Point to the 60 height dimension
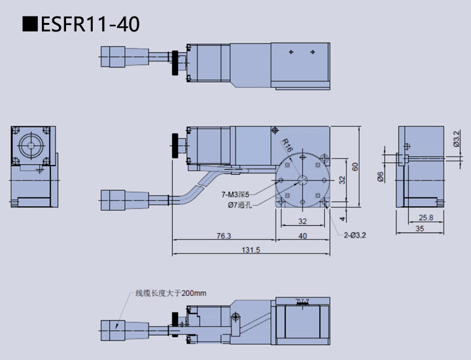tap(355, 166)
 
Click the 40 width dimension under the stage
tap(302, 236)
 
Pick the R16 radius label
tap(287, 146)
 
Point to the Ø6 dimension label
tap(380, 176)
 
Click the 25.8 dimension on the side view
tap(425, 217)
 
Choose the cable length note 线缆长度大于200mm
tap(170, 293)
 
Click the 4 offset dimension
tap(342, 219)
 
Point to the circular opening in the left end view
tap(30, 145)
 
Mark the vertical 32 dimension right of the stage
tap(342, 179)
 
